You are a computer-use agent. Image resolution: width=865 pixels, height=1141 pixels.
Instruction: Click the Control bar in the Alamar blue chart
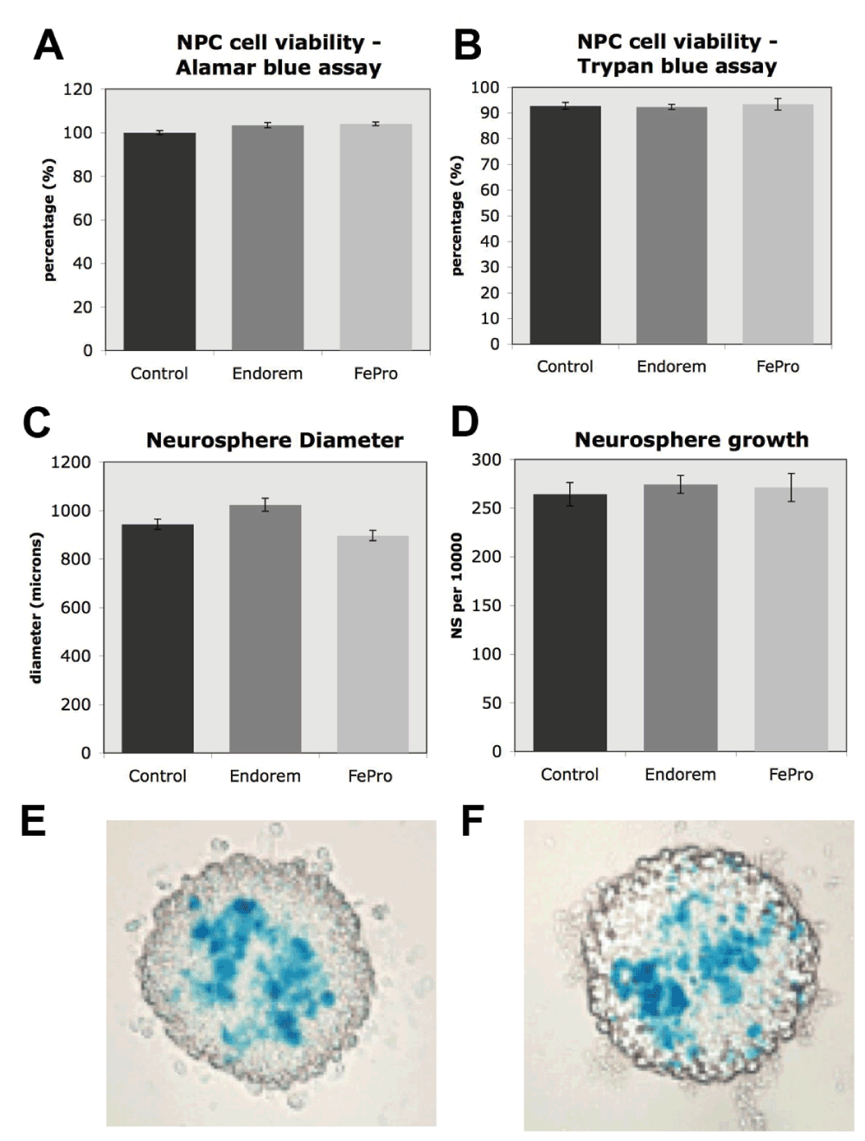pos(159,242)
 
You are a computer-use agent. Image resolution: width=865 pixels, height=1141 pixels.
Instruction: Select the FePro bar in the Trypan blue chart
pos(778,225)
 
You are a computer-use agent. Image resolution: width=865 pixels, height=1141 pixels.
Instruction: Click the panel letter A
pos(48,45)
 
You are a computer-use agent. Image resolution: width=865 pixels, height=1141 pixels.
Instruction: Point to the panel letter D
pos(465,422)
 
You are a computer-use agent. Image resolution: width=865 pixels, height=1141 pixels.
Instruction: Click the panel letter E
pos(34,820)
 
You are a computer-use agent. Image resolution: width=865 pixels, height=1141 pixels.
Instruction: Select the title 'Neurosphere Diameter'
pos(274,440)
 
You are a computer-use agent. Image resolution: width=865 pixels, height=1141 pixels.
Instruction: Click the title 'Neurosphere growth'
pos(691,440)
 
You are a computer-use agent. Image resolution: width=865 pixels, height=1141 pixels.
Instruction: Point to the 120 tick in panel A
pos(78,89)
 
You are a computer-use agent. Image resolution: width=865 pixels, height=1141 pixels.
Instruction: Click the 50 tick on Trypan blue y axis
pos(490,215)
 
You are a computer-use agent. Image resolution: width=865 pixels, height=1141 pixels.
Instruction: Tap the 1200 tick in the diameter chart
pos(71,462)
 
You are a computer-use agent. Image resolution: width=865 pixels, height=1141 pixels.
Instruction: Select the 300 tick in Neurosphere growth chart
pos(486,460)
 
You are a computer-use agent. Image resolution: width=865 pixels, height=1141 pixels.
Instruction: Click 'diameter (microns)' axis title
pos(36,608)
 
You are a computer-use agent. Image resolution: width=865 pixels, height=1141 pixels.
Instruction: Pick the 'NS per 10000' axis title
pos(457,585)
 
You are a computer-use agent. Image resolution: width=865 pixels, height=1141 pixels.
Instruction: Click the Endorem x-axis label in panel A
pos(267,373)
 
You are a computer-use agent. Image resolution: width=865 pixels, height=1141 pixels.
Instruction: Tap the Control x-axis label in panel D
pos(569,774)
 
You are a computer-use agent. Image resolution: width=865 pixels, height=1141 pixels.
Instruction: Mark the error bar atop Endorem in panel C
pos(266,505)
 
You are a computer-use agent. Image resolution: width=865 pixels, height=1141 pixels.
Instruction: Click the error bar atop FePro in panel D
pos(791,488)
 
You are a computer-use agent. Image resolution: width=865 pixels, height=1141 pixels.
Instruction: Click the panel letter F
pos(472,820)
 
